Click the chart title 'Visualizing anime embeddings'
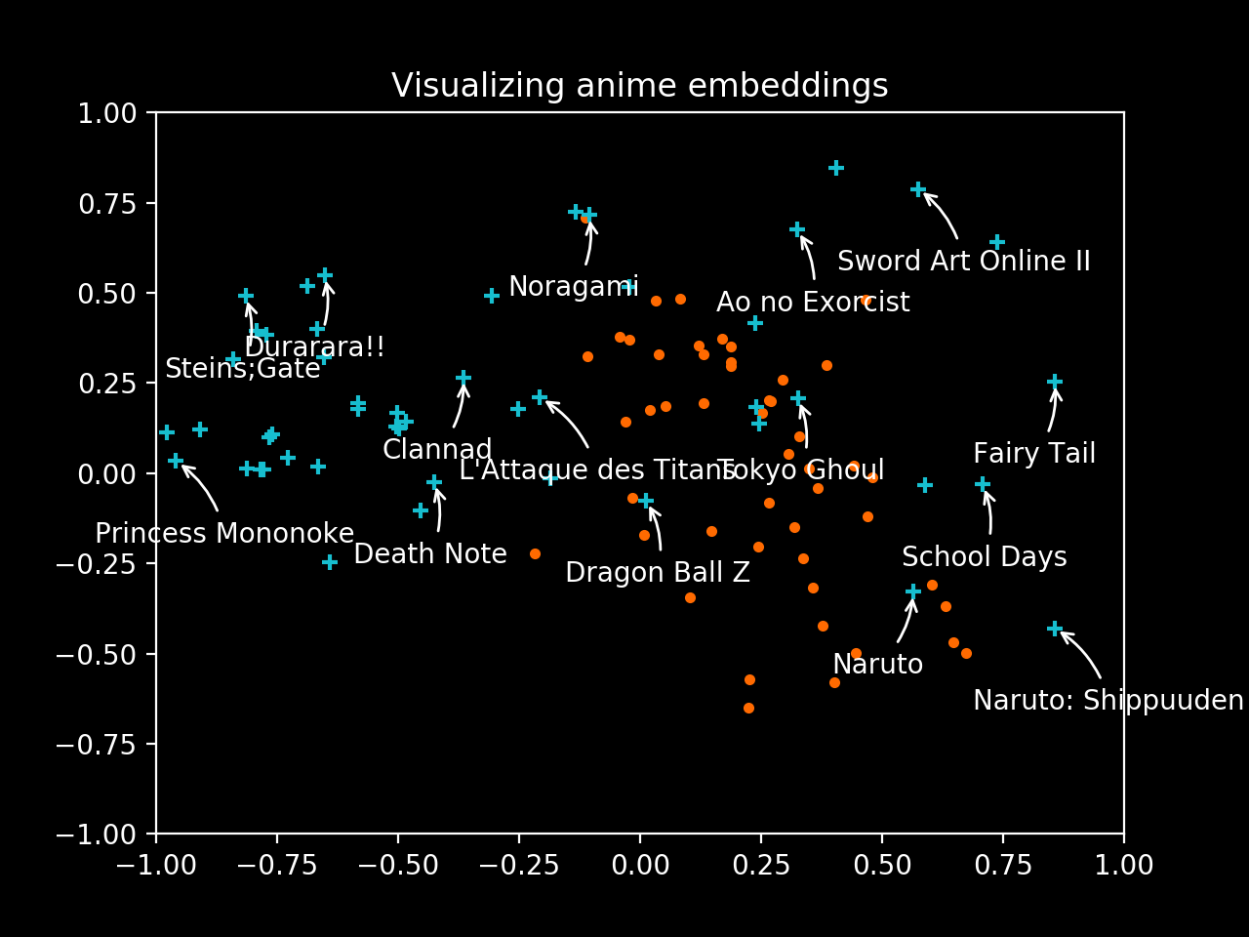click(x=639, y=86)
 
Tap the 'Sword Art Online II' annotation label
click(x=963, y=262)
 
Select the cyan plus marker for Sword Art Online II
click(x=918, y=189)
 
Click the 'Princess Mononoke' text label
click(x=224, y=534)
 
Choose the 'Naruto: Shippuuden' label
click(x=1108, y=701)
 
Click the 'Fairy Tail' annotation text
click(x=1034, y=454)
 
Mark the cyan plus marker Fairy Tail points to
click(x=1055, y=382)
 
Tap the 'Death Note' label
click(x=430, y=554)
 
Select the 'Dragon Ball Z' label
click(x=658, y=573)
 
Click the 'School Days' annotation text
click(x=984, y=557)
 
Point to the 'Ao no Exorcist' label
click(x=813, y=303)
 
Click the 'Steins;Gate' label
click(x=242, y=369)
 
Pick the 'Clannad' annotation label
click(x=437, y=450)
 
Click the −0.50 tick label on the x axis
click(x=397, y=866)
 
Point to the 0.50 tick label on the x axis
click(x=881, y=866)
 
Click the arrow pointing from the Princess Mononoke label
click(x=200, y=486)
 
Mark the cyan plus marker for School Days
click(x=983, y=484)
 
